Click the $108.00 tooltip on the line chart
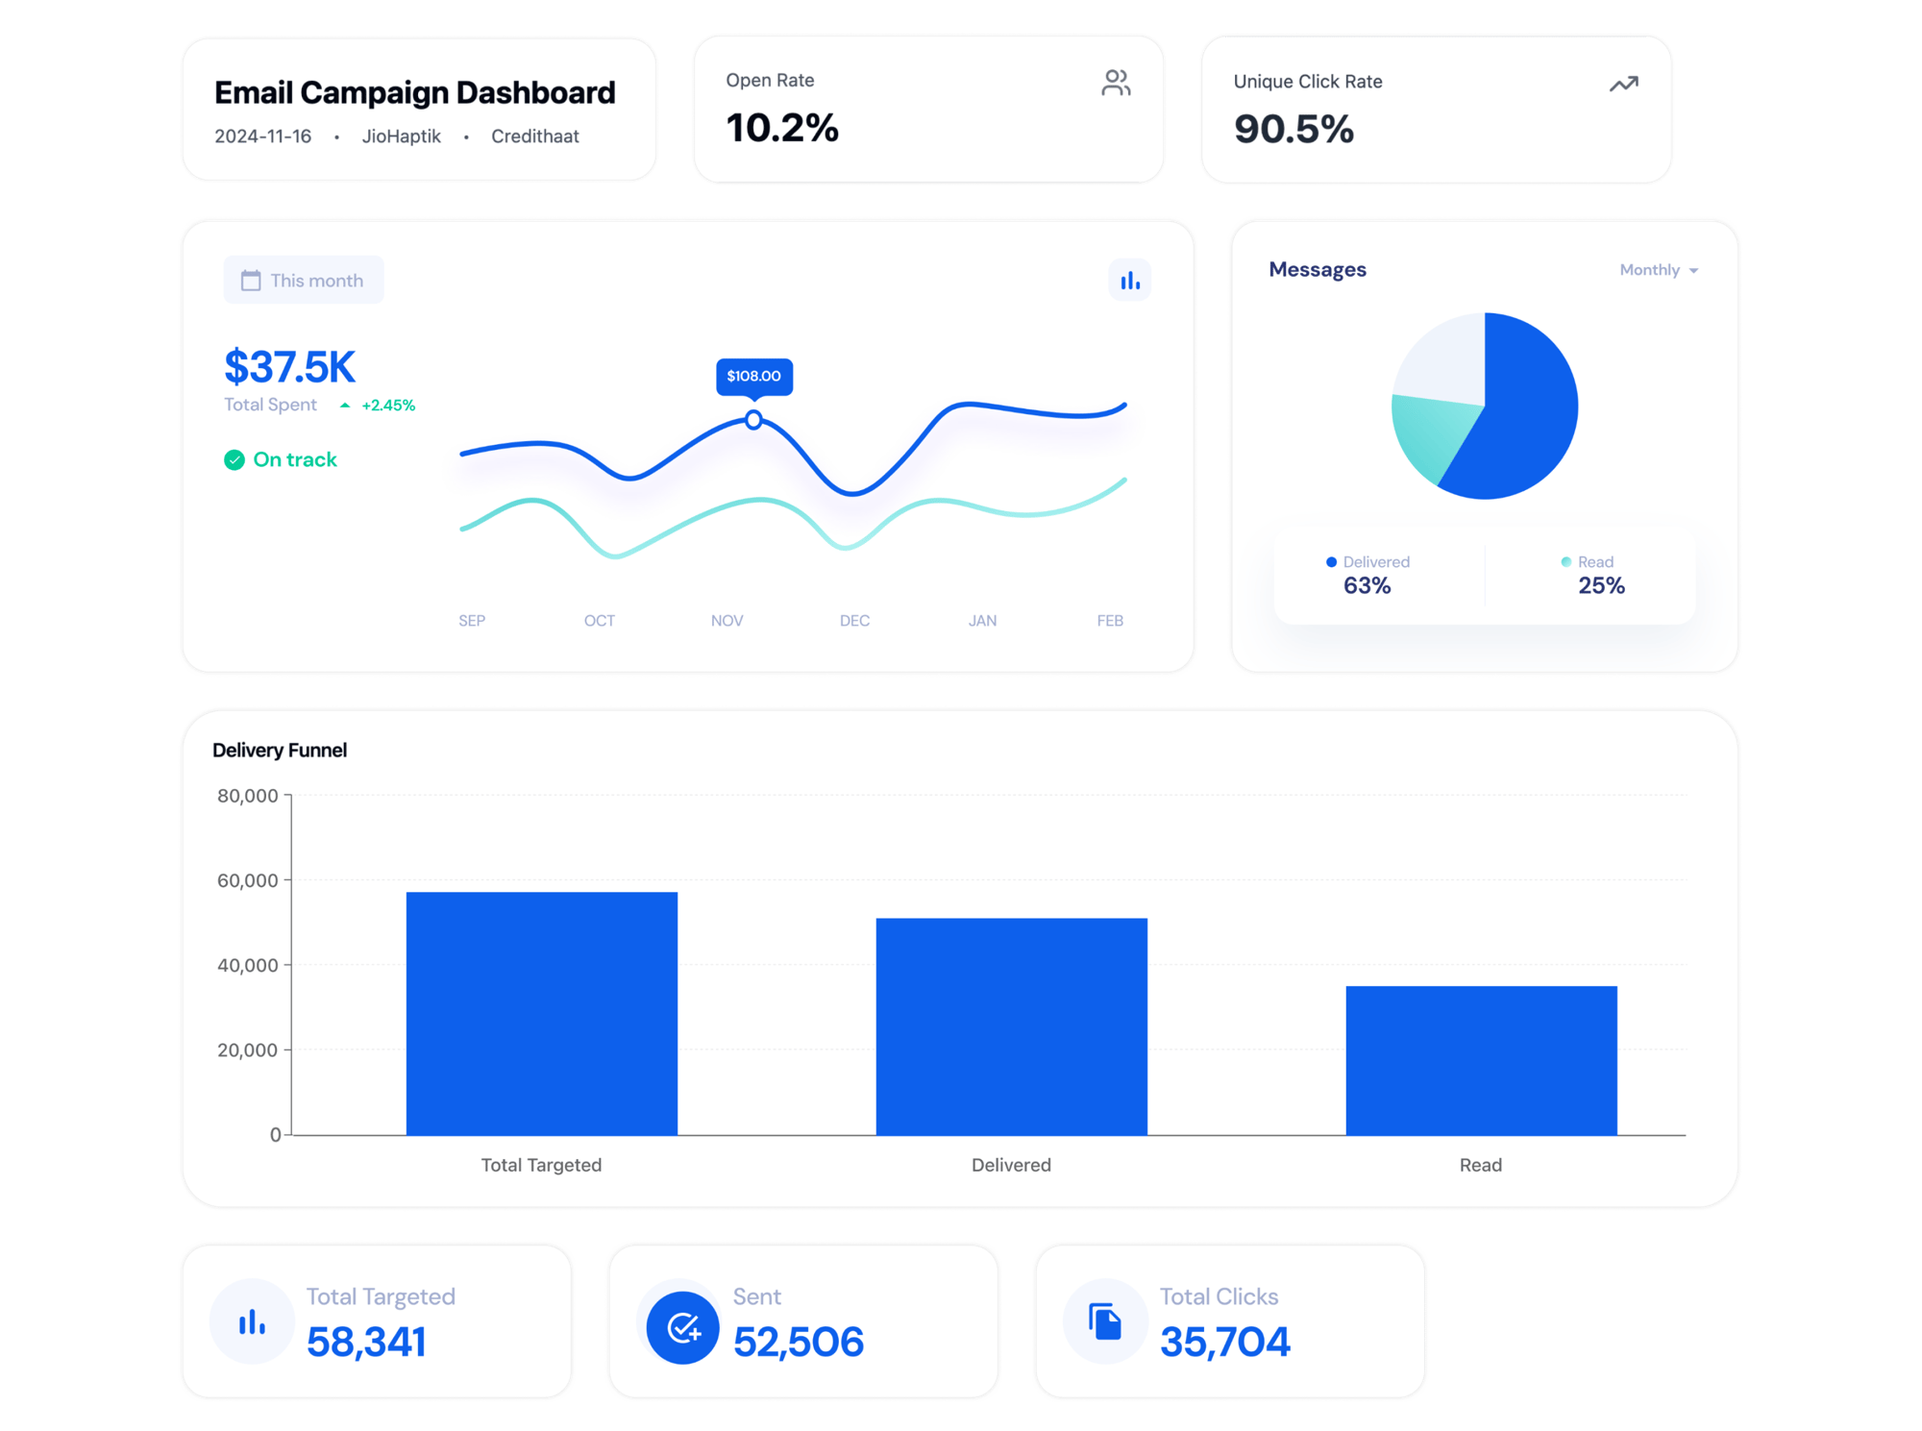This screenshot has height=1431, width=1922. [753, 376]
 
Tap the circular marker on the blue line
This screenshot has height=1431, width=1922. [753, 420]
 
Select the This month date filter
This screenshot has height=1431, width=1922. [304, 281]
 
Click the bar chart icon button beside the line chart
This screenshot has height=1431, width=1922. [1129, 281]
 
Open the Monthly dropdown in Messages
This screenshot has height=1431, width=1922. [1658, 270]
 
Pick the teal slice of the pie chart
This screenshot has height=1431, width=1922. [1432, 437]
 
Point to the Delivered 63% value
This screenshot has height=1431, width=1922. [1367, 585]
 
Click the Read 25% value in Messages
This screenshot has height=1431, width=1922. [1600, 585]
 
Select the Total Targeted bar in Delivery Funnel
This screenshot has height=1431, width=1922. [541, 1014]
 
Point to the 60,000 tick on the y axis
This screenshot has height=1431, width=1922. [248, 880]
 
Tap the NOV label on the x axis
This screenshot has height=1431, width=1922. [727, 621]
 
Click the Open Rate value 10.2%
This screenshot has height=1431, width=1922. [781, 128]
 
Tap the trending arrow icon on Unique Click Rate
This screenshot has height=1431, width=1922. [1623, 85]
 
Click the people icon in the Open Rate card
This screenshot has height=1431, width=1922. [1115, 83]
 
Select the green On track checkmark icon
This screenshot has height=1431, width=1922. [234, 460]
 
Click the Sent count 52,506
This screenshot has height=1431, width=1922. [798, 1342]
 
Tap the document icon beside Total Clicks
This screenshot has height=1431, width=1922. [1105, 1321]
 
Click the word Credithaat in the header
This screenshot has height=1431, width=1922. [534, 136]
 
